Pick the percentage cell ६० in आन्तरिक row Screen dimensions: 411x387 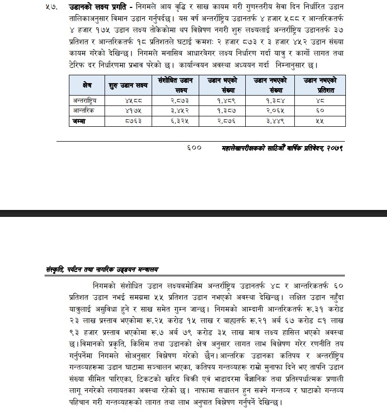tap(320, 111)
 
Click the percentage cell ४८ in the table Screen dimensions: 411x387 tap(320, 101)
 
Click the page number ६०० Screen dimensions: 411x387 tap(194, 148)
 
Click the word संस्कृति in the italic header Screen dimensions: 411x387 tap(55, 269)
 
